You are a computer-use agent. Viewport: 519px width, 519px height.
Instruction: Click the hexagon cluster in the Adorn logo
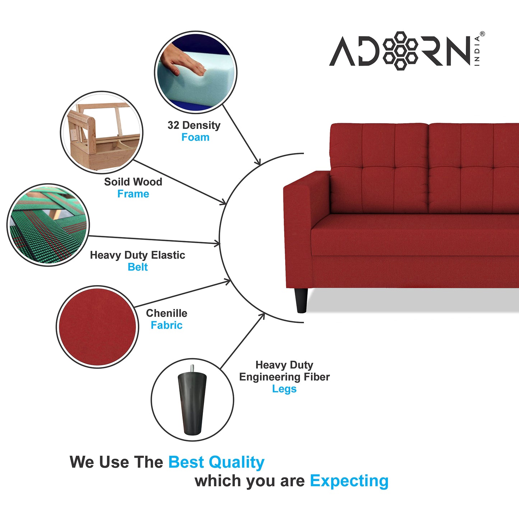point(400,51)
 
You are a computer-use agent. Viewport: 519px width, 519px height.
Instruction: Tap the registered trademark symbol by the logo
point(482,34)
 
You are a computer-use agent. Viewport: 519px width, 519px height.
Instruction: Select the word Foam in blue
point(195,137)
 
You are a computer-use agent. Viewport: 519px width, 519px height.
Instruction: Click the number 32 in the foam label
point(173,125)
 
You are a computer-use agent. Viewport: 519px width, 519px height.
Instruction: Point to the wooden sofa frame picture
point(102,133)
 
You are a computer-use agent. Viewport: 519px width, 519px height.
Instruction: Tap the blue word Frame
point(133,194)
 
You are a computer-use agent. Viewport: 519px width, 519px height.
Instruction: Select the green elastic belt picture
point(48,225)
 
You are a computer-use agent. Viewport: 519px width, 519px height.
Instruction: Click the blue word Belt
point(138,267)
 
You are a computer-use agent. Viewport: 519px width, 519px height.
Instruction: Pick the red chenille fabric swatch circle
point(97,327)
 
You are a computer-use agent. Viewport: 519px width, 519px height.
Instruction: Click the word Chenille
point(166,313)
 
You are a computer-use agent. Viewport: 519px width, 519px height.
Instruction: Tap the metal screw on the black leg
point(193,369)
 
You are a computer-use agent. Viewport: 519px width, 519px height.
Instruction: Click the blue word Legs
point(284,389)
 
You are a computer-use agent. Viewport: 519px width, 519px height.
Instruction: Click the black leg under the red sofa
point(301,300)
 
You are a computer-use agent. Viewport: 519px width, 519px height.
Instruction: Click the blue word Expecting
point(349,481)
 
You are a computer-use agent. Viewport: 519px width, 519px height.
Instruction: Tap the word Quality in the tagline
point(237,463)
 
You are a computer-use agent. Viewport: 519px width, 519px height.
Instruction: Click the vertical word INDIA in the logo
point(477,51)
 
